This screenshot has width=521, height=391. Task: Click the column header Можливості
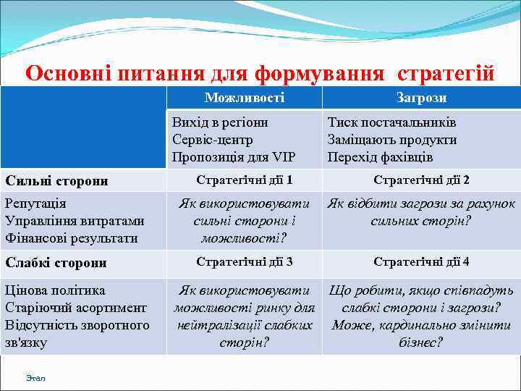(x=244, y=98)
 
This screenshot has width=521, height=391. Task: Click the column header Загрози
(x=421, y=98)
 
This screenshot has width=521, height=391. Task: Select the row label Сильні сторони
(x=56, y=180)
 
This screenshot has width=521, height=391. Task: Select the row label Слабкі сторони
(x=56, y=262)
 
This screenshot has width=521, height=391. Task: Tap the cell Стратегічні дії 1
(x=245, y=180)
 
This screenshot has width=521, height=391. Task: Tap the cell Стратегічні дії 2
(x=421, y=180)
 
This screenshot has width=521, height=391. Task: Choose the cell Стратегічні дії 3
(x=245, y=261)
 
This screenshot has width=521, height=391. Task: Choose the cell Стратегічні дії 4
(x=421, y=261)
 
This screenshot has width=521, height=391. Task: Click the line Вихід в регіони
(x=220, y=122)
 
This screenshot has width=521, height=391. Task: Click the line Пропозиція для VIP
(x=234, y=157)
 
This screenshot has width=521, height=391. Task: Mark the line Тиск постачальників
(x=391, y=122)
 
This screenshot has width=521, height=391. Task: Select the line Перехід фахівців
(x=380, y=157)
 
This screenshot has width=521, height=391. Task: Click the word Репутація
(x=35, y=204)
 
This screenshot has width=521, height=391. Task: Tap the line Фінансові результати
(x=71, y=238)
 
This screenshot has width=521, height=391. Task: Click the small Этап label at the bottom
(x=35, y=378)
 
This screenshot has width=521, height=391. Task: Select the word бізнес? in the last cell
(x=420, y=342)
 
